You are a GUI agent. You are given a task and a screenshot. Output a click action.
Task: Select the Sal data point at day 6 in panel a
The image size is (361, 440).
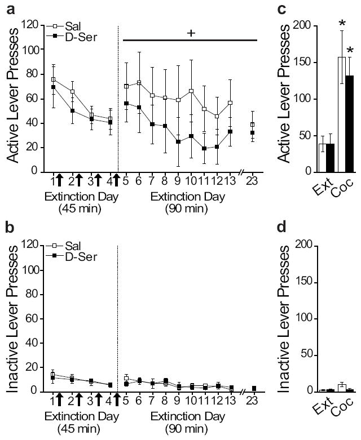[139, 83]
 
